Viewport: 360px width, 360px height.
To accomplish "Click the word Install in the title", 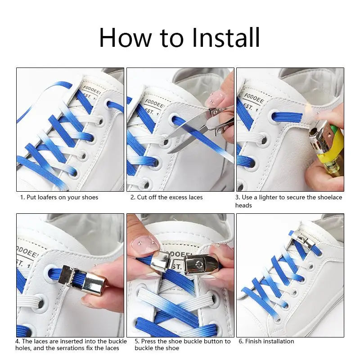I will (x=225, y=38).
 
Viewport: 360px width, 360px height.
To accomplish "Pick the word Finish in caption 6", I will (x=255, y=341).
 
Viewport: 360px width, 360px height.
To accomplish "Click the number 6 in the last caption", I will (x=240, y=341).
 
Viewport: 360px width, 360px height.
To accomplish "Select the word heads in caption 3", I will (x=243, y=206).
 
